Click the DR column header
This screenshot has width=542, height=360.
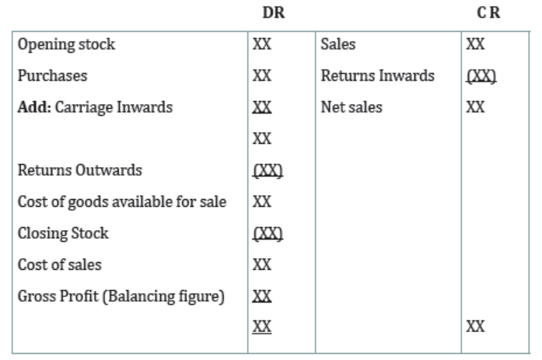coord(274,12)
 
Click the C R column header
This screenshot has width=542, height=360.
coord(488,12)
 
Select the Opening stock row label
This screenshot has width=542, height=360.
coord(66,44)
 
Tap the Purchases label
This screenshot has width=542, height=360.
coord(52,75)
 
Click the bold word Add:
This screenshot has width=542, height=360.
coord(34,107)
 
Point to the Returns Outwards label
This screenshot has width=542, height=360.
coord(80,170)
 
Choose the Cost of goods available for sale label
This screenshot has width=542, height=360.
coord(122,201)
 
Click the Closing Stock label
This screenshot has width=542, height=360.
coord(63,233)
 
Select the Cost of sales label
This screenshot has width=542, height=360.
coord(59,265)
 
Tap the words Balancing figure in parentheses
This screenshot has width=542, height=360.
coord(163,297)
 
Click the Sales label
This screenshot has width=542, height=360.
coord(338,44)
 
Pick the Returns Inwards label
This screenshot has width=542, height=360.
coord(377,75)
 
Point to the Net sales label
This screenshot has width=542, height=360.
coord(351,107)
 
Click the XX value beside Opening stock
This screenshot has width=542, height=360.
coord(262,44)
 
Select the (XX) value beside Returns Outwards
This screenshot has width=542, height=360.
coord(268,170)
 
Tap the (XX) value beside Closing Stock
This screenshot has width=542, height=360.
coord(268,233)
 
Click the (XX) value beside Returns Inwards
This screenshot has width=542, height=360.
coord(481,76)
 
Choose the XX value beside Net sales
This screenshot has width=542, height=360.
coord(475,107)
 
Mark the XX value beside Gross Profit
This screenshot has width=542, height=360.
coord(262,296)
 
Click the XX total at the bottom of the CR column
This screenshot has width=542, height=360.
coord(475,327)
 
